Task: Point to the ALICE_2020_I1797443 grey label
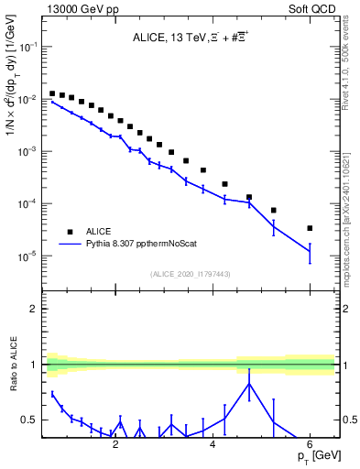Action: pos(190,274)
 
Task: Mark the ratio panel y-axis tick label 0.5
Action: pos(28,420)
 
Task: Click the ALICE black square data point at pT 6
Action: pos(310,228)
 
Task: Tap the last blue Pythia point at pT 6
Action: pos(310,251)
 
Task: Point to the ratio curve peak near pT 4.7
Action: pos(249,384)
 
